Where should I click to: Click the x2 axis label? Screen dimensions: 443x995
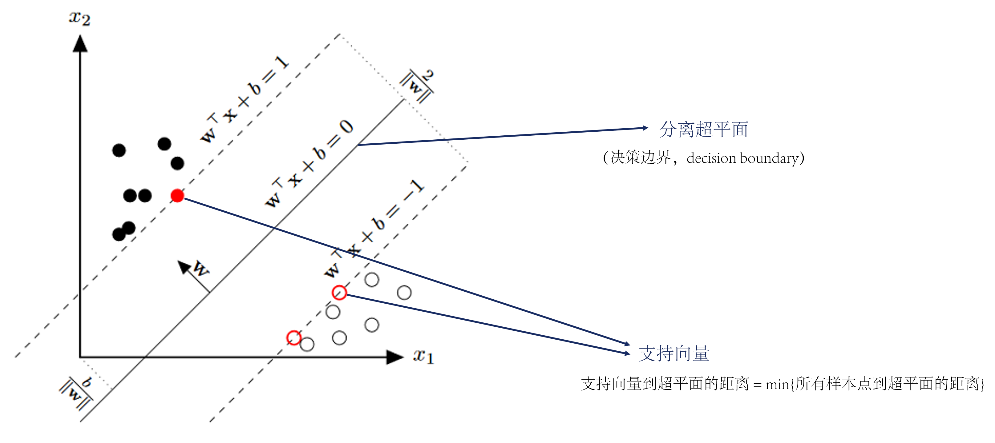point(79,18)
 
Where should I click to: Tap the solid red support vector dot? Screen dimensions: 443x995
point(177,196)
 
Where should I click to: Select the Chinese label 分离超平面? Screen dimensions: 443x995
point(703,129)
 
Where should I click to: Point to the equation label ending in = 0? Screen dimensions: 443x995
point(309,164)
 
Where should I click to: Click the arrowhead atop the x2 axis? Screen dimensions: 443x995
point(80,43)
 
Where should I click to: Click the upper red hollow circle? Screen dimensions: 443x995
point(339,293)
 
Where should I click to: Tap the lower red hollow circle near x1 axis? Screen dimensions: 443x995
point(293,338)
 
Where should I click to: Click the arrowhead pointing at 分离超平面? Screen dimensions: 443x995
point(645,128)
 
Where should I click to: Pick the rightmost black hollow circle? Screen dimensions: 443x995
point(404,293)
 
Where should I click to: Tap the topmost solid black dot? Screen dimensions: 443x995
point(164,144)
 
